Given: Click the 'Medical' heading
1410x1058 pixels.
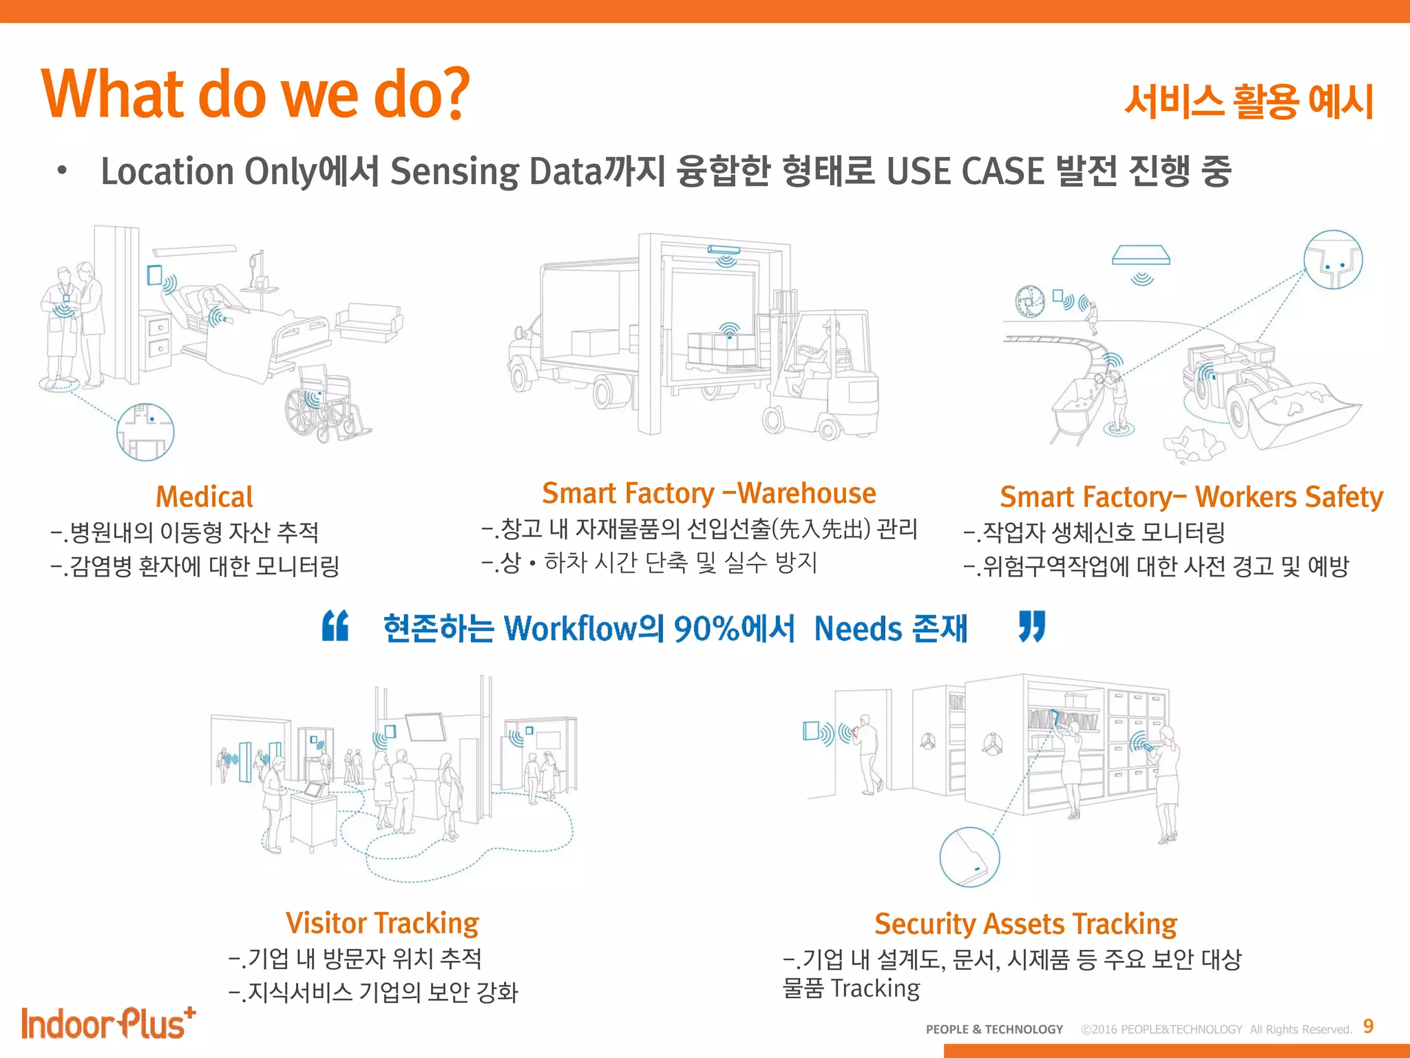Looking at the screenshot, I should (204, 497).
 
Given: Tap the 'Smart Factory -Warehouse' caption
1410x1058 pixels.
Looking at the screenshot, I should (708, 493).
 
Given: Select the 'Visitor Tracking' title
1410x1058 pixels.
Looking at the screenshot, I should (382, 923).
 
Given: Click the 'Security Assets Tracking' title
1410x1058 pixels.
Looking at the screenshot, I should (1025, 924).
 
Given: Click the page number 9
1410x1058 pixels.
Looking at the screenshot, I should (1368, 1026).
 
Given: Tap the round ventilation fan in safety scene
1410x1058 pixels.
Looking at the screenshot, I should (1030, 301).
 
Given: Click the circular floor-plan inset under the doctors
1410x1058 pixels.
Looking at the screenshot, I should (145, 432).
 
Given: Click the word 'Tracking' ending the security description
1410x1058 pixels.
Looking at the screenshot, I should (875, 988).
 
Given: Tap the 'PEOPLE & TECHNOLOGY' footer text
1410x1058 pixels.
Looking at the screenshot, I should (994, 1029).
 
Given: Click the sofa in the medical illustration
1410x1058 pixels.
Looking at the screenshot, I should (369, 322).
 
